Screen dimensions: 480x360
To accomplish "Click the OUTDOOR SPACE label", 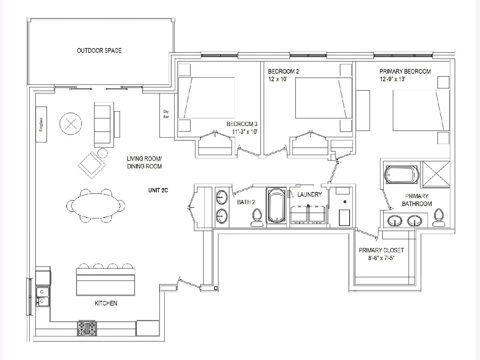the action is (99, 50).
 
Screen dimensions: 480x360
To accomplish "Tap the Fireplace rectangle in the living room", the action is (41, 124).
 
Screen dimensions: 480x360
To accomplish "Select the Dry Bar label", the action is (166, 114).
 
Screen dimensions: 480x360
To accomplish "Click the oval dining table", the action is (96, 206).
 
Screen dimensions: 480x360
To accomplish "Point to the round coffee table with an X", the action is (71, 124).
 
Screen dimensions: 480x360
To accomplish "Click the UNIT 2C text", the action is (158, 190).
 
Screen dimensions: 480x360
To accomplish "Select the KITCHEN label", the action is (106, 303).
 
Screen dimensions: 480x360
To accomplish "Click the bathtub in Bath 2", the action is (276, 206).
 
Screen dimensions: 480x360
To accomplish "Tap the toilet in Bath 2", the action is (257, 218).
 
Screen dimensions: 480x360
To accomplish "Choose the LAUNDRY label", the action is (310, 194).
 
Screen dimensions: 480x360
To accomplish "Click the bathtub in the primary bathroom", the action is (401, 175).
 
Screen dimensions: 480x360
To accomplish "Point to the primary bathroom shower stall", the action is (436, 174).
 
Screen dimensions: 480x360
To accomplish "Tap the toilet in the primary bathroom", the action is (439, 218).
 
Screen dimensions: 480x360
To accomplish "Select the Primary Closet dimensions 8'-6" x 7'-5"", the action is (381, 258).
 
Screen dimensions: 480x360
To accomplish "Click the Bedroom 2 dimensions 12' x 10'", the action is (278, 79).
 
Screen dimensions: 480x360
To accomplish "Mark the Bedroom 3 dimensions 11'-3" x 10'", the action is (245, 132).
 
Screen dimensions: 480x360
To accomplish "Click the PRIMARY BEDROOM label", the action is (405, 72).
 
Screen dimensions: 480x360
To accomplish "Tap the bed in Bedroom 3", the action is (207, 98).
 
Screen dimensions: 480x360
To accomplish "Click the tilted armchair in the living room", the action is (92, 165).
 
